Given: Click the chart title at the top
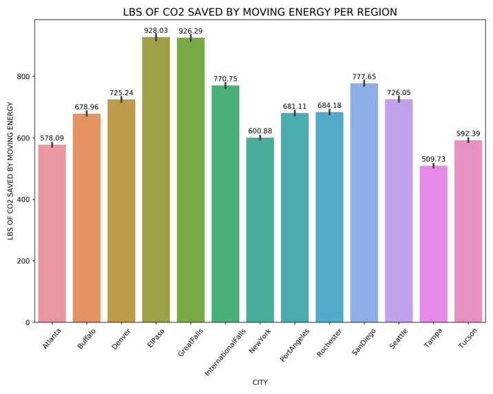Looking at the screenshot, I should (x=260, y=12).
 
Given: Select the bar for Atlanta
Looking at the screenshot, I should (x=52, y=234).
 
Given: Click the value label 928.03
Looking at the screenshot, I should (x=156, y=31).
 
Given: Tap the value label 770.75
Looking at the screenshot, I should (x=225, y=79).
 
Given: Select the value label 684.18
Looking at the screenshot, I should (x=329, y=106).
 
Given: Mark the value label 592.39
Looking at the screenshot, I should (x=468, y=134).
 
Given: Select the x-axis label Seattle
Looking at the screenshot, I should (x=395, y=339).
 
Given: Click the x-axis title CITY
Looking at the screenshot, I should (x=260, y=382).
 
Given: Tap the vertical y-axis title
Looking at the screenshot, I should (x=10, y=171).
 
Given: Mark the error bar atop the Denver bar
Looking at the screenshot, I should (x=121, y=100).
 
